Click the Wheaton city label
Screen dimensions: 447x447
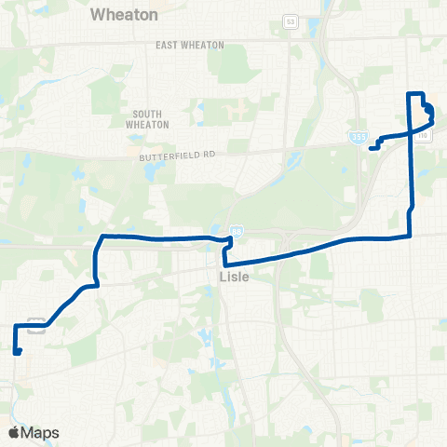[x=125, y=16]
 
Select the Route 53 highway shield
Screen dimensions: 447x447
[x=290, y=20]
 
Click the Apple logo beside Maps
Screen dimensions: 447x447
[x=12, y=432]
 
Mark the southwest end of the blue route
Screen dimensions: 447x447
[x=18, y=351]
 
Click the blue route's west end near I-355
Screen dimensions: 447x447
[x=371, y=147]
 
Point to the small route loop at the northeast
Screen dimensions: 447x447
[x=429, y=112]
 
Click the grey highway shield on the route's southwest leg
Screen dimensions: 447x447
[x=37, y=325]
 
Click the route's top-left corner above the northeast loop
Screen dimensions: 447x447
[x=410, y=93]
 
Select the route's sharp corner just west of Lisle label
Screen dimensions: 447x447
[x=225, y=265]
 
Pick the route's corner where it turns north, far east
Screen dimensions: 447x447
[x=411, y=236]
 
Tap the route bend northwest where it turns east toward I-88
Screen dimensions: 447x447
[x=101, y=238]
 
